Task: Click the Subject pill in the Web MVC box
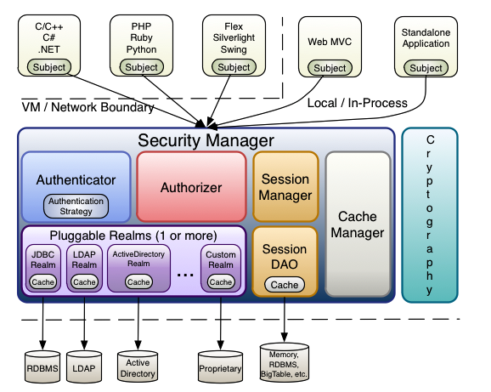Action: pos(330,68)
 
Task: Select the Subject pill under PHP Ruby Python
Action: pos(142,67)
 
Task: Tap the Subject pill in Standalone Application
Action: pos(426,68)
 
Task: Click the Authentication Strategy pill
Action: pos(76,206)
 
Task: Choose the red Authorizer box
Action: pos(191,187)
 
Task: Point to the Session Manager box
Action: pos(285,187)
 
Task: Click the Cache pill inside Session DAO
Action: pos(285,285)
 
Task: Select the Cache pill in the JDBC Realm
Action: pos(43,282)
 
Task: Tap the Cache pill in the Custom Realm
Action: pos(221,282)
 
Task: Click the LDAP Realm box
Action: pos(84,268)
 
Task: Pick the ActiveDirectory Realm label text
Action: pos(138,258)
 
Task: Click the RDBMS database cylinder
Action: pos(42,366)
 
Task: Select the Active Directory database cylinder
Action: pos(138,366)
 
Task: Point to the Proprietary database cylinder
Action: pos(221,366)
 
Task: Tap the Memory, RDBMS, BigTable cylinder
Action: pos(285,362)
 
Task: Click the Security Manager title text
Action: pos(206,140)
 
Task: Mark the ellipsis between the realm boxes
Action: pos(185,276)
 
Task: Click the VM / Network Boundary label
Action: pos(88,107)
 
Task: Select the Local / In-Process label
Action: pos(358,103)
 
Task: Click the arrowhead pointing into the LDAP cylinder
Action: pos(84,345)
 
